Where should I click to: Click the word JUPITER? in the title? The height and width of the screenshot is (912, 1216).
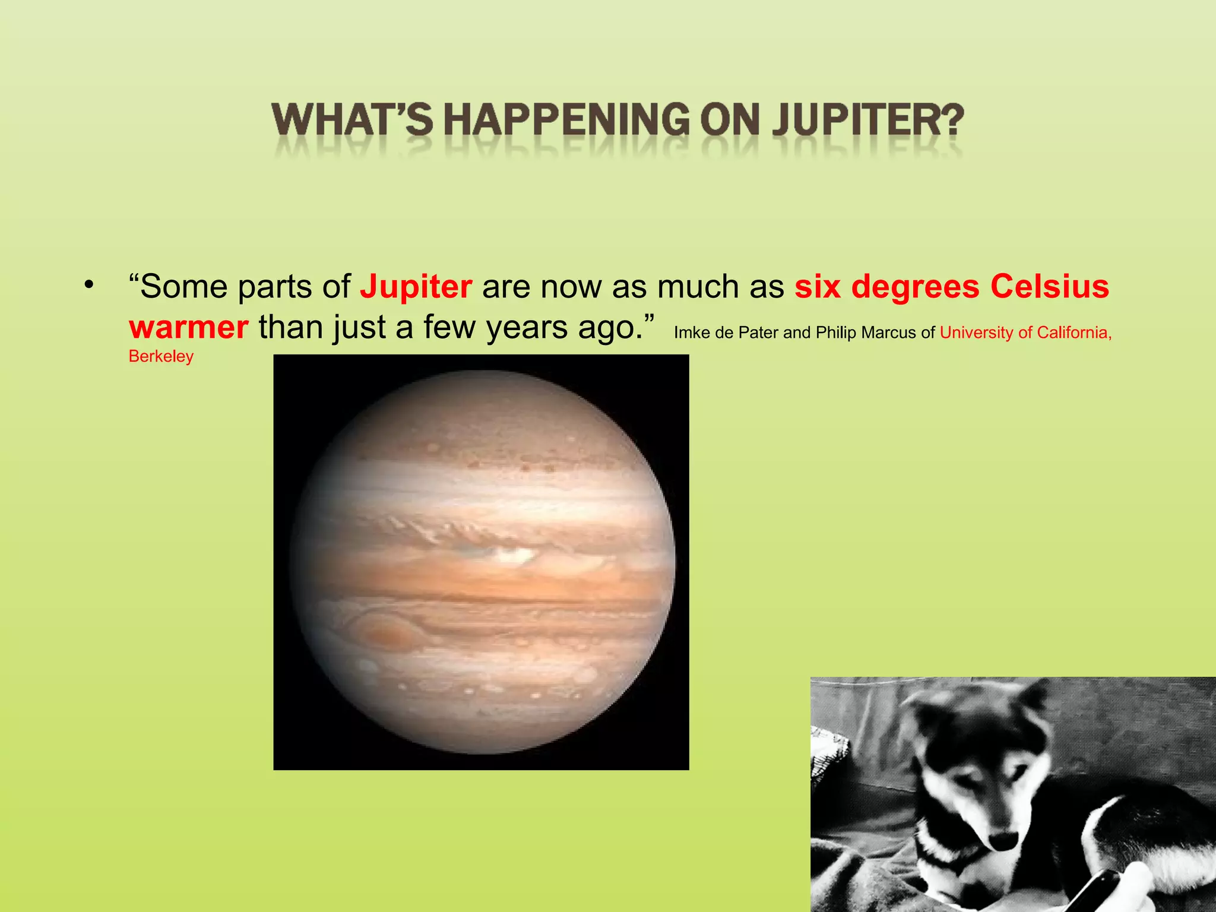868,120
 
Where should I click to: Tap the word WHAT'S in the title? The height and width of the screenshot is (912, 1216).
353,120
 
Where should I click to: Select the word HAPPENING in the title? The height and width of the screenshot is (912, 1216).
566,120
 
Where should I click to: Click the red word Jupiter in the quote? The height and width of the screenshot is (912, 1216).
416,287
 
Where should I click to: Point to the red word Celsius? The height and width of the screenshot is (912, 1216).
1049,287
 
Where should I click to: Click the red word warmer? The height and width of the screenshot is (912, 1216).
189,328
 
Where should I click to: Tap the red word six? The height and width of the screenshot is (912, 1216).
818,287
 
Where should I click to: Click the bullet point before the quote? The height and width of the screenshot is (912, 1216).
89,284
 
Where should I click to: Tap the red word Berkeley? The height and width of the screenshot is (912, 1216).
161,356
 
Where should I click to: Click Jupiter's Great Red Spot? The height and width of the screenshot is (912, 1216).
385,634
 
